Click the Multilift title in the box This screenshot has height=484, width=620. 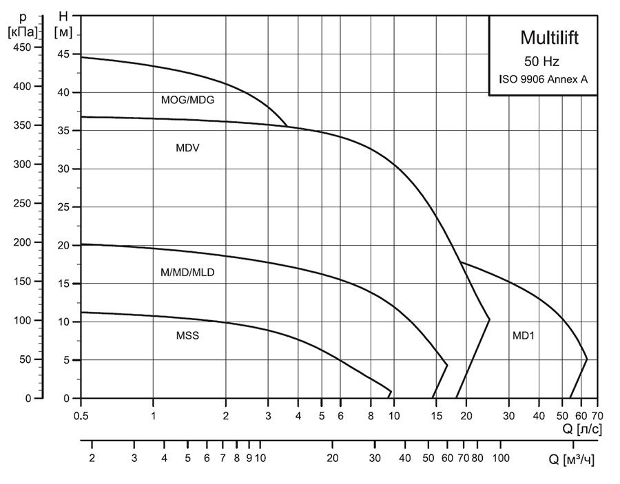point(549,37)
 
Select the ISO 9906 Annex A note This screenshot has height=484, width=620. point(543,79)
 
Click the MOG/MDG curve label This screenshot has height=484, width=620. point(188,100)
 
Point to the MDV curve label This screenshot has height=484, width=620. point(187,147)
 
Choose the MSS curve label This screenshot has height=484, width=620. point(187,337)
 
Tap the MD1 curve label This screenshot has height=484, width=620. point(524,337)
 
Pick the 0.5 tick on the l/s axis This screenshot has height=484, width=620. point(81,416)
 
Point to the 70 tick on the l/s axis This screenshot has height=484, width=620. point(597,416)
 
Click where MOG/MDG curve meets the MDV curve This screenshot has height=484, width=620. point(287,127)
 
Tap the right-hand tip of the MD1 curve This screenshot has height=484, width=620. point(587,359)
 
